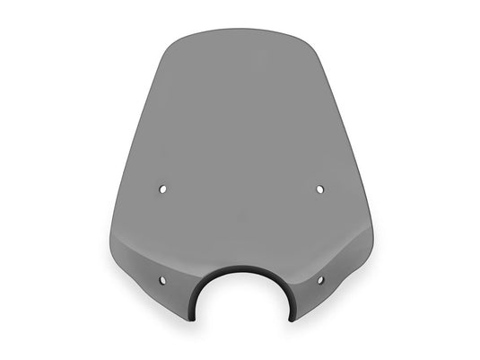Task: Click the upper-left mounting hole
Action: (162, 189)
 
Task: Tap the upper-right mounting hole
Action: (320, 189)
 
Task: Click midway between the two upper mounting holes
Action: (241, 189)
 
